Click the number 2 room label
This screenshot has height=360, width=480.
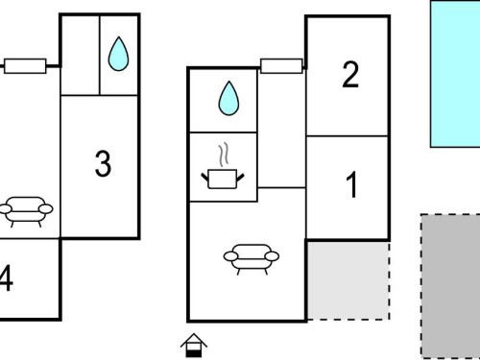[350, 74]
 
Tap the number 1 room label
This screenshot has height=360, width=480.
[352, 184]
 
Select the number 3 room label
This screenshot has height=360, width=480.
[103, 163]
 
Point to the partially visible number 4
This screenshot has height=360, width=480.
[6, 277]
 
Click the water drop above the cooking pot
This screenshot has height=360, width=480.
[228, 98]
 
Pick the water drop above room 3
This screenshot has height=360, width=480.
[118, 54]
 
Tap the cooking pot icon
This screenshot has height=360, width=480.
[223, 180]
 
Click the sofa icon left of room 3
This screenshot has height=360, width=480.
[26, 212]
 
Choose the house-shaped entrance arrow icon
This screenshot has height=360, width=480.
[194, 346]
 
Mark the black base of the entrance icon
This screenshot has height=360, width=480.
[194, 353]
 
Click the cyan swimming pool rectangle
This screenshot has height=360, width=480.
[455, 74]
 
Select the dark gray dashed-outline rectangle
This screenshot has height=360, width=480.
[450, 287]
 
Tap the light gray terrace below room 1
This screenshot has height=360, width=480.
[348, 280]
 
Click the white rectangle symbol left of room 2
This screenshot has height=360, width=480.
[281, 66]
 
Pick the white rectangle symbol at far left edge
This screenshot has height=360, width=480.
[25, 66]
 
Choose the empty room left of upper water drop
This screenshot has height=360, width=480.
[81, 55]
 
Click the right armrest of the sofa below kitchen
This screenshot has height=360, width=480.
[273, 256]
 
